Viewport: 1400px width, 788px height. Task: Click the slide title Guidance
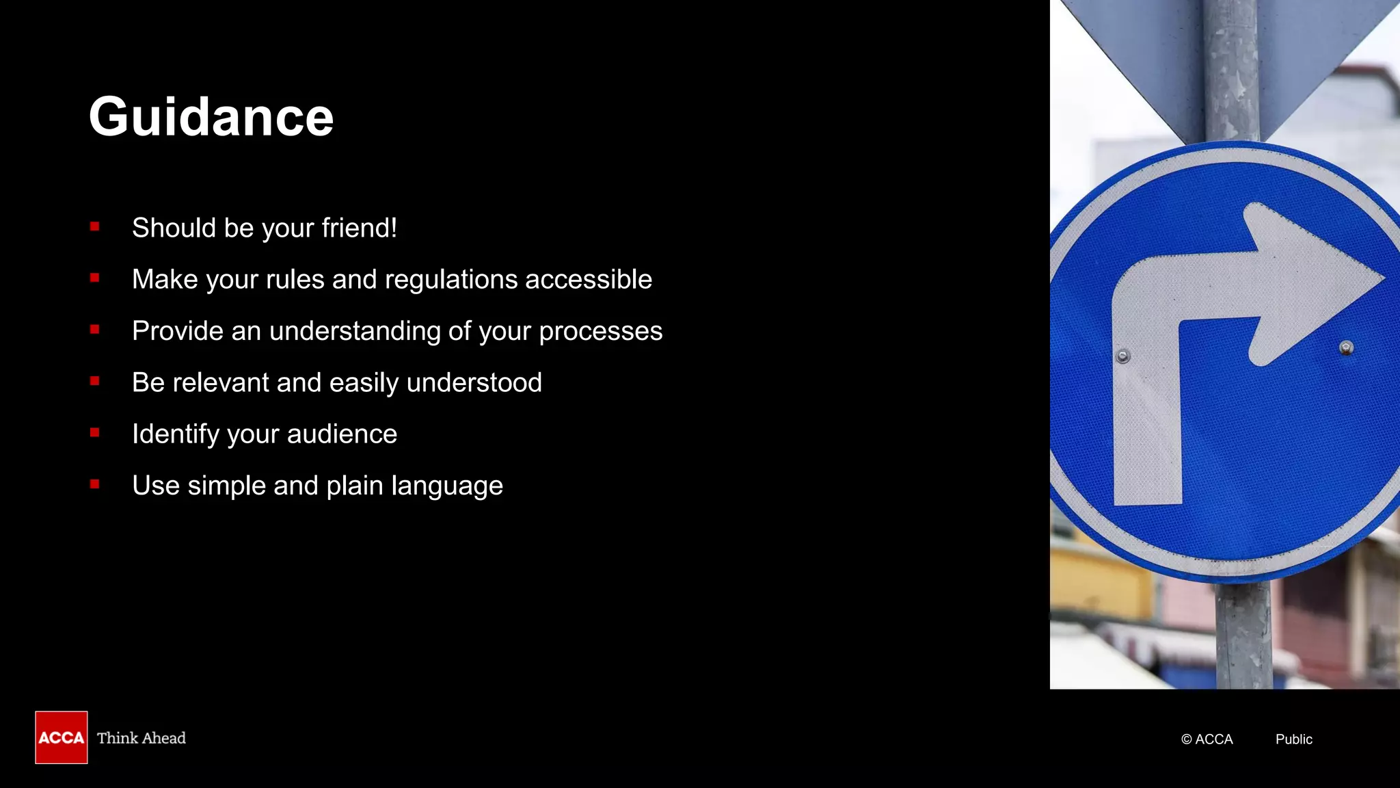[x=211, y=117]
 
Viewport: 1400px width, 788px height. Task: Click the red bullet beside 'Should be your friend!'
[x=95, y=226]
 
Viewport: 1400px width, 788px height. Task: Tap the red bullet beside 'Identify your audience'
[x=95, y=432]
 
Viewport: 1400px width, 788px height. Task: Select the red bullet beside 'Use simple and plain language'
[x=95, y=484]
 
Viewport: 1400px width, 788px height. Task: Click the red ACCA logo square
[x=62, y=737]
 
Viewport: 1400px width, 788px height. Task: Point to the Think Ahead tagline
[x=142, y=738]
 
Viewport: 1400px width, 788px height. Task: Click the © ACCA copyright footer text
[x=1207, y=739]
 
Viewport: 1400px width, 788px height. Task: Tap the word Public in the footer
[x=1293, y=739]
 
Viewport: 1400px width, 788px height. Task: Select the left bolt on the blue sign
[x=1123, y=356]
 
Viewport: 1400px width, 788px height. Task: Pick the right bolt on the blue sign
[x=1346, y=348]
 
